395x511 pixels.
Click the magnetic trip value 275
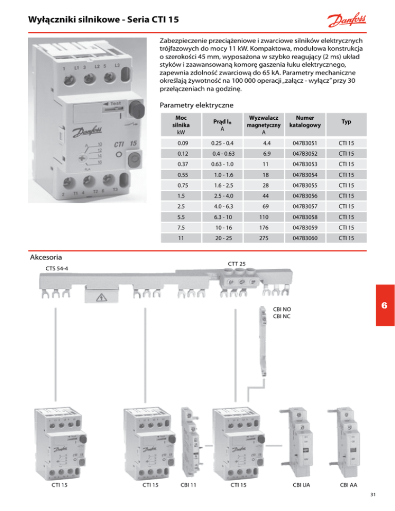coord(263,239)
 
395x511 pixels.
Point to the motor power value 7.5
coord(175,228)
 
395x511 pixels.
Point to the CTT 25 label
coord(237,264)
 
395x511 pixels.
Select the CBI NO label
coord(282,309)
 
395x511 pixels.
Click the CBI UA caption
coord(301,485)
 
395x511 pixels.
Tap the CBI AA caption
coord(350,485)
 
